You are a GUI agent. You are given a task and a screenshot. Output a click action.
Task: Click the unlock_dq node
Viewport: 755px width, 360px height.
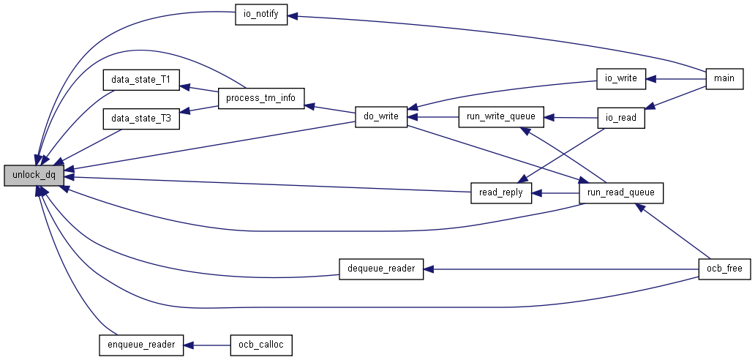tap(34, 175)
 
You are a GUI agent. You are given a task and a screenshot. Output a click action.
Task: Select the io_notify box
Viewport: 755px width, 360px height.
tap(261, 15)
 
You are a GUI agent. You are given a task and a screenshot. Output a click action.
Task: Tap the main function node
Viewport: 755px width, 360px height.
tap(725, 78)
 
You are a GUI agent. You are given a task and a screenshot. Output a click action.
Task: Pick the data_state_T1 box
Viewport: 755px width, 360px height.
tap(141, 80)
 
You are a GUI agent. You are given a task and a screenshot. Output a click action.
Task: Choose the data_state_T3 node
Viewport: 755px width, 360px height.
tap(141, 119)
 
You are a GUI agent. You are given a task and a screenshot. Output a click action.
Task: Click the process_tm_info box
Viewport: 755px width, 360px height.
tap(261, 98)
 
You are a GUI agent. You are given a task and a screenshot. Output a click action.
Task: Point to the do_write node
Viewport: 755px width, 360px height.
tap(381, 117)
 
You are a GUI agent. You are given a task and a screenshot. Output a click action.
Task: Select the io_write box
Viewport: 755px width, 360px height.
tap(620, 78)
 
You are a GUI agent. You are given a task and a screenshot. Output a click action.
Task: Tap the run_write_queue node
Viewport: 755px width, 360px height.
tap(500, 117)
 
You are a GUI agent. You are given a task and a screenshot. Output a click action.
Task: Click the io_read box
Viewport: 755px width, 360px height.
tap(620, 118)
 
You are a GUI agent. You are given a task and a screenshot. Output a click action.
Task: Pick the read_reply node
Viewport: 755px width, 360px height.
tap(500, 192)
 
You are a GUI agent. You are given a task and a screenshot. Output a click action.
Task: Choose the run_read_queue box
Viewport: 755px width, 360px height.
tap(620, 193)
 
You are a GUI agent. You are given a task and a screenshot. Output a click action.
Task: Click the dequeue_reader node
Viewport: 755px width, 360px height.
tap(381, 269)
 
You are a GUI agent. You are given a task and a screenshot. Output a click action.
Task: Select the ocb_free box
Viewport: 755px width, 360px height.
tap(725, 269)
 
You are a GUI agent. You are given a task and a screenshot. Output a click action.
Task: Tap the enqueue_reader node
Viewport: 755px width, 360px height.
tap(141, 345)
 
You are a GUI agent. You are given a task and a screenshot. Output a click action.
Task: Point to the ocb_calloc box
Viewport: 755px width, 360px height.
tap(261, 345)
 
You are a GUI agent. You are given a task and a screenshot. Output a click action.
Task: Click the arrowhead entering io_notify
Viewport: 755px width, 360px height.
tap(293, 16)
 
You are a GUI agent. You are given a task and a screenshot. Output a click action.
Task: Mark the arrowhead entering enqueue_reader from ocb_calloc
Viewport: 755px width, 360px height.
tap(189, 345)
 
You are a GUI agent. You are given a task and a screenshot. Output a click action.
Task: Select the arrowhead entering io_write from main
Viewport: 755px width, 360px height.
tap(650, 78)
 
